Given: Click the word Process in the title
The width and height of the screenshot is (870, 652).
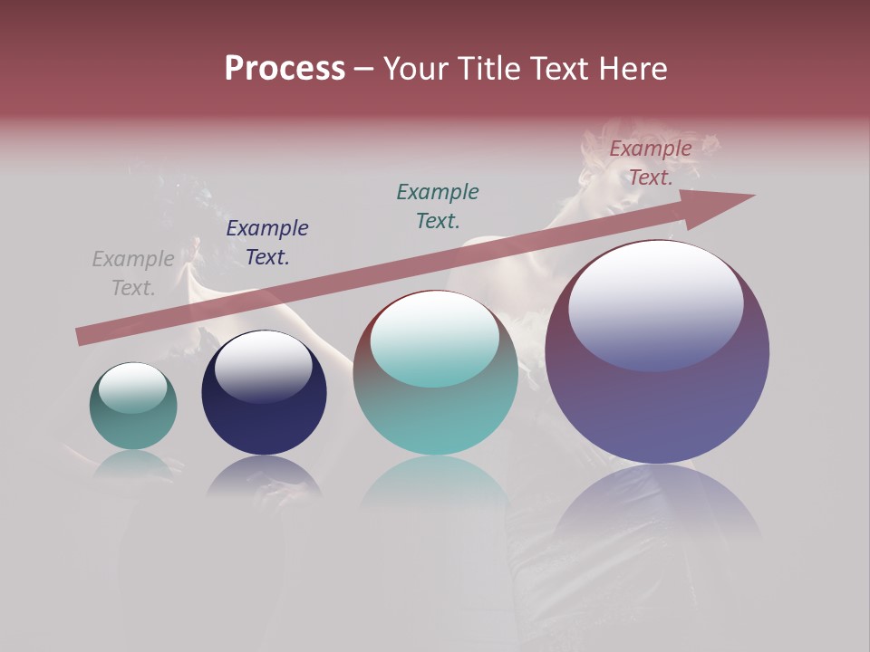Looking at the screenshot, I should pyautogui.click(x=285, y=69).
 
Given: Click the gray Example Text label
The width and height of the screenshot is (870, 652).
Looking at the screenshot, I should pyautogui.click(x=133, y=273).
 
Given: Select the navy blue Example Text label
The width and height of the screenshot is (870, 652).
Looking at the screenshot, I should pyautogui.click(x=267, y=243).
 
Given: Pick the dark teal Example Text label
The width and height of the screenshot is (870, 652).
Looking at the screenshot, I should pyautogui.click(x=438, y=206).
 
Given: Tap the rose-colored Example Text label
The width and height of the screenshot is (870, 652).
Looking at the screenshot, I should pyautogui.click(x=651, y=163).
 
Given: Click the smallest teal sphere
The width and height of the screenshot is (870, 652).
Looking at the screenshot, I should pyautogui.click(x=133, y=421).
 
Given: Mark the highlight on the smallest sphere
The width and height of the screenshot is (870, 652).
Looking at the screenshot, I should pyautogui.click(x=132, y=388).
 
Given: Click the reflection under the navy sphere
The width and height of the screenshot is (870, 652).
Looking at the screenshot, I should pyautogui.click(x=264, y=475).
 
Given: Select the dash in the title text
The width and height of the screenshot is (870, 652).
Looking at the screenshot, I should pyautogui.click(x=364, y=69).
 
